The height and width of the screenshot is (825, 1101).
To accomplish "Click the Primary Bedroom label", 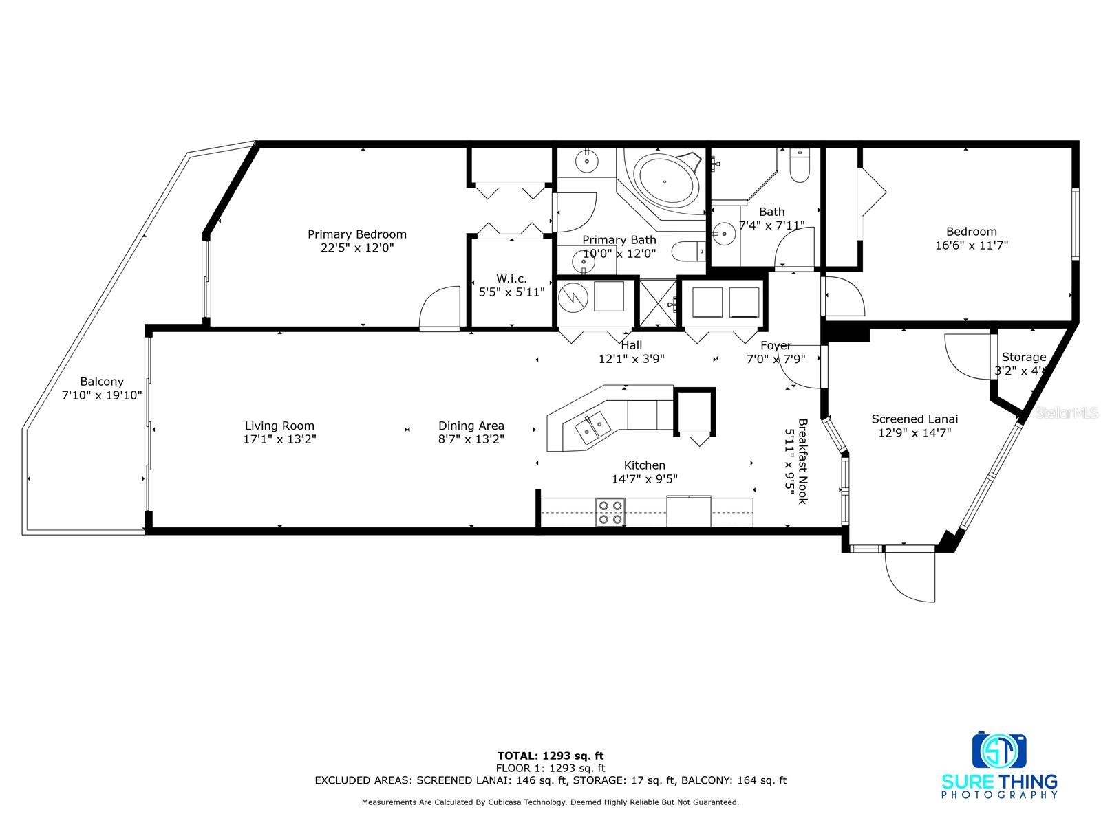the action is tap(356, 234).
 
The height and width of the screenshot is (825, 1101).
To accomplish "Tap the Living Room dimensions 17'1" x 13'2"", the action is tap(279, 439).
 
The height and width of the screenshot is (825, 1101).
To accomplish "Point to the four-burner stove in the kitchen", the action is tap(610, 512).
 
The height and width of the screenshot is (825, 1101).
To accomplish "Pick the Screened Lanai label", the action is tap(915, 419).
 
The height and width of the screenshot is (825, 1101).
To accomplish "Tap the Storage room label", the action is tap(1024, 357).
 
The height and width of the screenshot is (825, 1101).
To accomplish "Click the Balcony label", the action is tap(102, 382).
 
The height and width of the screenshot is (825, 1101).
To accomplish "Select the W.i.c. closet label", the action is tap(511, 278).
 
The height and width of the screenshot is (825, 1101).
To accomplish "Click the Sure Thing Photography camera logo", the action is tap(998, 750).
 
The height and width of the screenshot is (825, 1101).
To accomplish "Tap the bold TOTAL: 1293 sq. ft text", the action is tap(550, 756).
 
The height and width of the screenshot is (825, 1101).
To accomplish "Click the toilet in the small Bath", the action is tap(800, 166).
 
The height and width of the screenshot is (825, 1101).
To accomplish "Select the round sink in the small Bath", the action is tap(724, 234).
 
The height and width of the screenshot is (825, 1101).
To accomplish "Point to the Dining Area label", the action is tap(471, 426).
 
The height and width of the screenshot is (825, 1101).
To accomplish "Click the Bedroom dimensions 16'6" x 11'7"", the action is tap(972, 245).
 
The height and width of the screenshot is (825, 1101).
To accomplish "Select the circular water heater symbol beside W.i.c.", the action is tap(573, 298).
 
